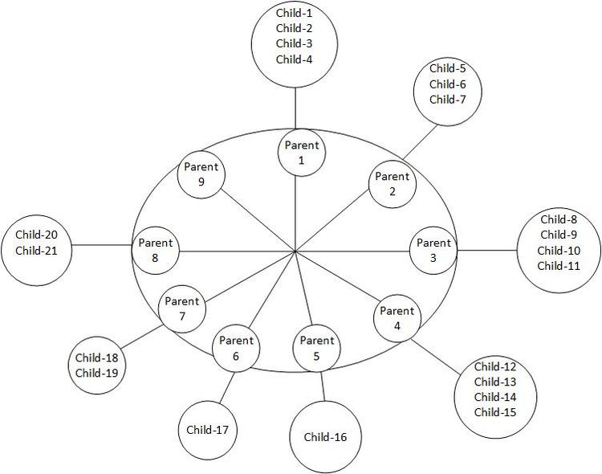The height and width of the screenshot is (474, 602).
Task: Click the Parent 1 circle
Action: [302, 153]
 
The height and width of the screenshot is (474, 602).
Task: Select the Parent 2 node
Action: [392, 184]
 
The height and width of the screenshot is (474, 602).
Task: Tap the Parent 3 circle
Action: [434, 250]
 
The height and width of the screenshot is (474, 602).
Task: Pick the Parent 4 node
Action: [397, 318]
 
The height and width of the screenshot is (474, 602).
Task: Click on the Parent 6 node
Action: [235, 347]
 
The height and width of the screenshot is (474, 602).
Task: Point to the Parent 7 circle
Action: [182, 309]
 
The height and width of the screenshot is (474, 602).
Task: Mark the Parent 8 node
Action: [156, 250]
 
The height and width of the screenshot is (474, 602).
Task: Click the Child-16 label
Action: [325, 437]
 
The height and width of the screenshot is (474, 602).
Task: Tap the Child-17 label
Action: [207, 429]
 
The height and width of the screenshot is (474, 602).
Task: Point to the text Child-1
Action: [293, 12]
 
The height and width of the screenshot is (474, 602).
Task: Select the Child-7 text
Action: [447, 100]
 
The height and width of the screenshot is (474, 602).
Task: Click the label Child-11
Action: [559, 265]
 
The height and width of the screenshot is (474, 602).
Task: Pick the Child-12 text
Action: [494, 367]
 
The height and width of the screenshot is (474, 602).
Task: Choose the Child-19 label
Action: [97, 373]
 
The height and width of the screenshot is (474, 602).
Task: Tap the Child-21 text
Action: [35, 251]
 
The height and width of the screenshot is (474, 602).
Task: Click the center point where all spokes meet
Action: [296, 251]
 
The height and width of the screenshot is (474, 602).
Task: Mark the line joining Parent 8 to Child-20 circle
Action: [100, 244]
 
